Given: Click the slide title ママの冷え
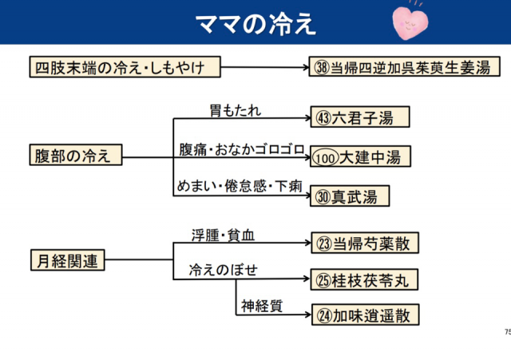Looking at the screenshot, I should coord(256,22).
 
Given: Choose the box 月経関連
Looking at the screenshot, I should coord(68,260).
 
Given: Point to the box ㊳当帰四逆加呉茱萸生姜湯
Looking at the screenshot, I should coord(402,67).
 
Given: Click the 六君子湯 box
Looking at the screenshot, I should coord(361,118).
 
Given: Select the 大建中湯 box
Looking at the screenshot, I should coord(360,156).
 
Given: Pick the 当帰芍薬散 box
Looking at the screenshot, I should coord(364,243).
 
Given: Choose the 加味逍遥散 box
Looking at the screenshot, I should coord(364,315).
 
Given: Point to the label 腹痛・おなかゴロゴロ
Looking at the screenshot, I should coord(241,148).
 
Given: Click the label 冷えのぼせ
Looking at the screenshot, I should coord(217,270).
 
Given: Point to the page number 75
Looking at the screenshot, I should coord(506,331).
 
